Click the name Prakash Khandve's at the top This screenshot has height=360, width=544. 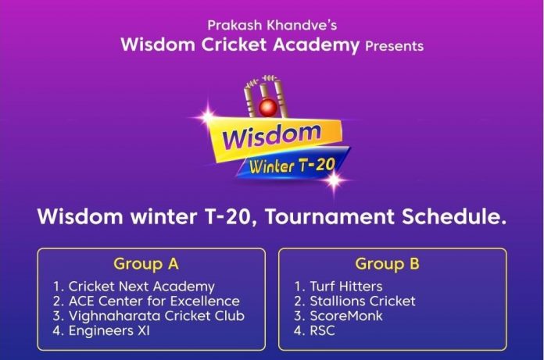272,25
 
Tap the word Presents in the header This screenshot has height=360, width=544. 394,46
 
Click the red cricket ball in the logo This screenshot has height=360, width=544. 268,108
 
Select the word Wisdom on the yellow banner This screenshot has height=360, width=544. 271,137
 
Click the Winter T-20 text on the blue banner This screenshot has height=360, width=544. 292,166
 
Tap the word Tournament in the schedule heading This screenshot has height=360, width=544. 329,216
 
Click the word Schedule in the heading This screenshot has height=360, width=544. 454,216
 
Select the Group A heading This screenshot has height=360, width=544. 146,264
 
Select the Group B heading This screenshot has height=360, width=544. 387,264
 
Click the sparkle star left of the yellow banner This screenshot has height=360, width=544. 207,116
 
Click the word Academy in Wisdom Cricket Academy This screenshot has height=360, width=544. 316,45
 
